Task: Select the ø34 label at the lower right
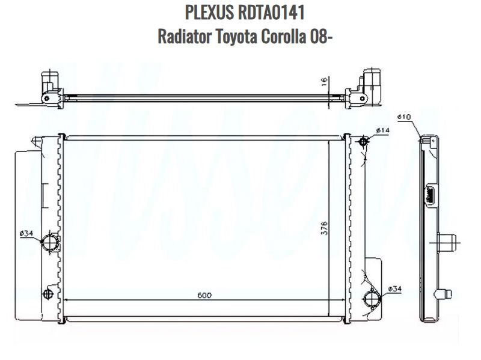(394, 288)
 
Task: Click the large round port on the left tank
(49, 243)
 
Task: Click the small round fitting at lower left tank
(48, 294)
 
